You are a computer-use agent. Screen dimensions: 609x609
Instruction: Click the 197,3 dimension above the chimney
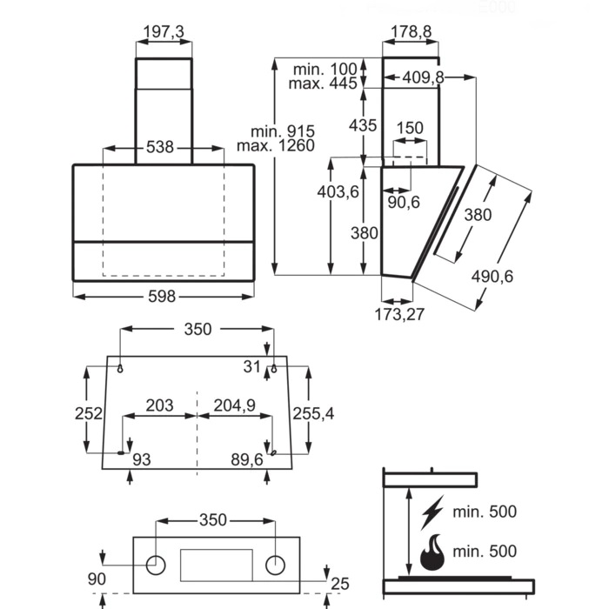pos(164,32)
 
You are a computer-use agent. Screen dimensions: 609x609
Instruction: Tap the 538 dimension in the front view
pos(159,147)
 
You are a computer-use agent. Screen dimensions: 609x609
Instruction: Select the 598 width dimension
pos(162,297)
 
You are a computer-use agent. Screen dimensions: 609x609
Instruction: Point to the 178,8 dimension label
pos(411,32)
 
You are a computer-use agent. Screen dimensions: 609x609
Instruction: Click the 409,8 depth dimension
pos(423,77)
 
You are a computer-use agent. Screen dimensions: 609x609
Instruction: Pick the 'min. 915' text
pos(283,131)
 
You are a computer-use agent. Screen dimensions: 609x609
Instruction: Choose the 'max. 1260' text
pos(276,145)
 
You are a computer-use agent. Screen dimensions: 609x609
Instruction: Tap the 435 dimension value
pos(363,125)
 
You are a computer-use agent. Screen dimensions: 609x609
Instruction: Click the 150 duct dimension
pos(410,128)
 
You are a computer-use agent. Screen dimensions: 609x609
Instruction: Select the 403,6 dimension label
pos(338,192)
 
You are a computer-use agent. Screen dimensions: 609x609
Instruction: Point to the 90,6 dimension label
pos(404,202)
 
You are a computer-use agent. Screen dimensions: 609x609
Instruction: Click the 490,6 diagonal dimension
pos(492,277)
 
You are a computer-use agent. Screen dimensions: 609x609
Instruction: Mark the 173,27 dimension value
pos(399,315)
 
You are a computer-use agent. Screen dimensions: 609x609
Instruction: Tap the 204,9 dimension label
pos(235,405)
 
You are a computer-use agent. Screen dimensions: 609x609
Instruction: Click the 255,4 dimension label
pos(313,414)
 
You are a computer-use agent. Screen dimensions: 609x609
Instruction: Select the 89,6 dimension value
pos(247,459)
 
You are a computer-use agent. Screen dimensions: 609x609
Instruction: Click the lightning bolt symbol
pos(432,512)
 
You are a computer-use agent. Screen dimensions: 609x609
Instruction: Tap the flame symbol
pos(432,552)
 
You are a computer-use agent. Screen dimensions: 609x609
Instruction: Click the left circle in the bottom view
pos(156,565)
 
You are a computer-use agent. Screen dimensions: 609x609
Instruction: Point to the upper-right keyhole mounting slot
pos(274,369)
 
